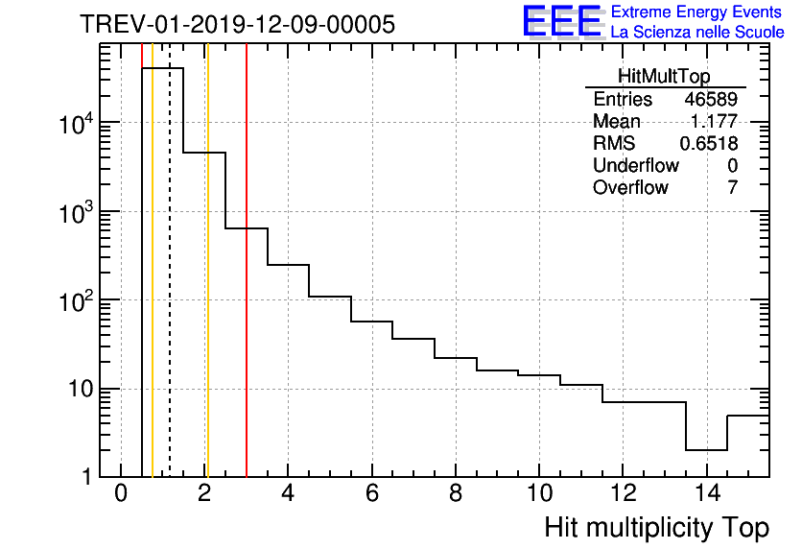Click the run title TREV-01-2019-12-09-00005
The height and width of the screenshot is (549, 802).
237,25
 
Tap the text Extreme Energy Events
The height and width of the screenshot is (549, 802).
696,12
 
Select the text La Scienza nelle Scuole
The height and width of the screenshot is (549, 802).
697,33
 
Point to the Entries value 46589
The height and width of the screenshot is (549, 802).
710,100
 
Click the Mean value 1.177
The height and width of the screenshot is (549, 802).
714,122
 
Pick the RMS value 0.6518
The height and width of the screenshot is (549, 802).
708,143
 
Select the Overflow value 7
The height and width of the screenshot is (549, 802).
732,187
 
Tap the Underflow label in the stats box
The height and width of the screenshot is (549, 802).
635,165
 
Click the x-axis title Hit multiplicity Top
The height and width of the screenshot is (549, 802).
656,528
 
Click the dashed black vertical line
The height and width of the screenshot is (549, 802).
170,288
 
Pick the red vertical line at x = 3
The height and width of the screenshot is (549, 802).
247,288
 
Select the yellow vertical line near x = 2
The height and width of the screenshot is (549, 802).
206,288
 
